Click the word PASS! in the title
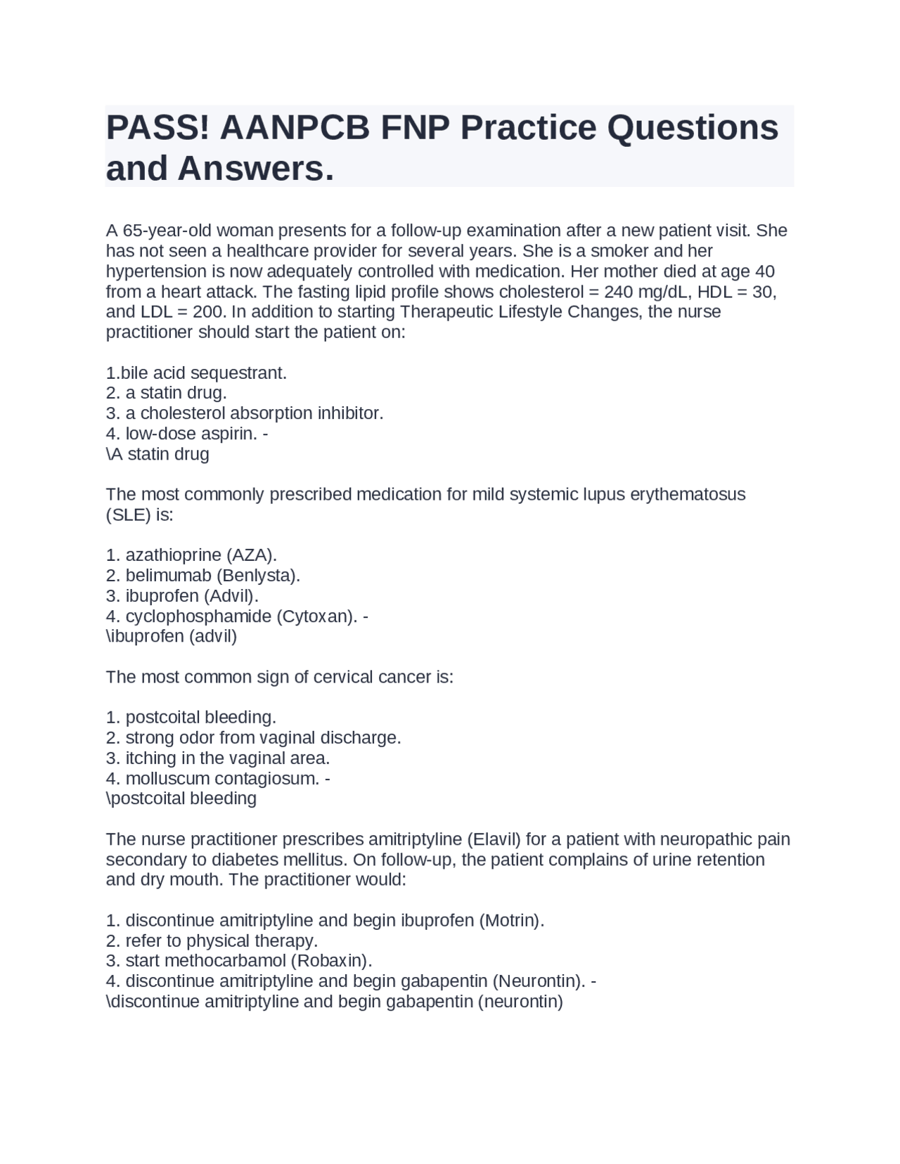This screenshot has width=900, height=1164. [157, 128]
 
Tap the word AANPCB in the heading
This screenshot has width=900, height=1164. [295, 128]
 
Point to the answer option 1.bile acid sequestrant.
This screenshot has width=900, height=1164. [196, 373]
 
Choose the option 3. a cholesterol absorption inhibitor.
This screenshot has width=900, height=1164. [244, 413]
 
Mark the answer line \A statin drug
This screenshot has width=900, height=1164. [157, 454]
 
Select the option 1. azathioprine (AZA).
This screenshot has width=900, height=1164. [191, 555]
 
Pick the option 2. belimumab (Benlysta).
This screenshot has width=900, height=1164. [202, 576]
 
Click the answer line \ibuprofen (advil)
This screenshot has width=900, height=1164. [172, 637]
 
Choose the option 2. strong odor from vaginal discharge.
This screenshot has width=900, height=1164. [253, 738]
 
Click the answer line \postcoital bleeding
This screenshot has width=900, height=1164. [181, 799]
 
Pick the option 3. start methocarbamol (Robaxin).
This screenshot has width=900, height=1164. [239, 961]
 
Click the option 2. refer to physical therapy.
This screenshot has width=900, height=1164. [212, 941]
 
